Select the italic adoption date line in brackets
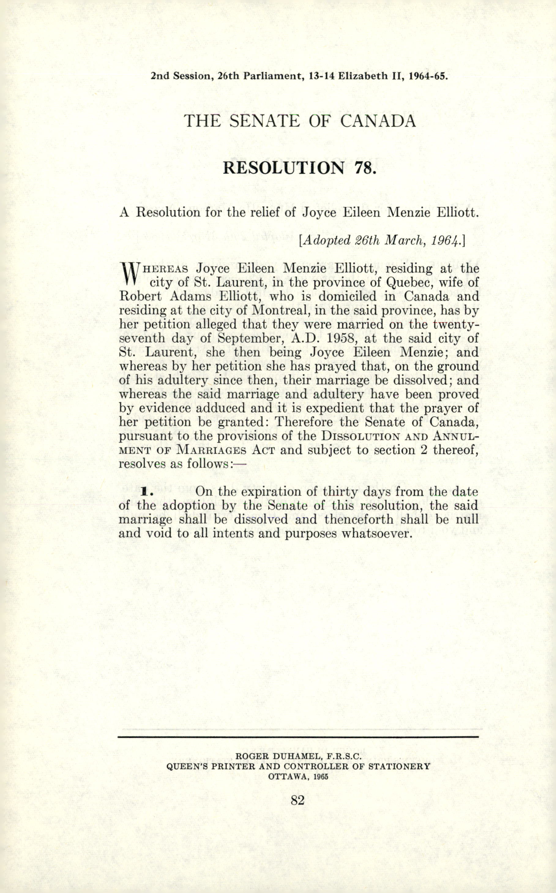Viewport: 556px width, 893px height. tap(383, 240)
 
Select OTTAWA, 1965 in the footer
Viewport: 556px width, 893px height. tap(298, 777)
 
